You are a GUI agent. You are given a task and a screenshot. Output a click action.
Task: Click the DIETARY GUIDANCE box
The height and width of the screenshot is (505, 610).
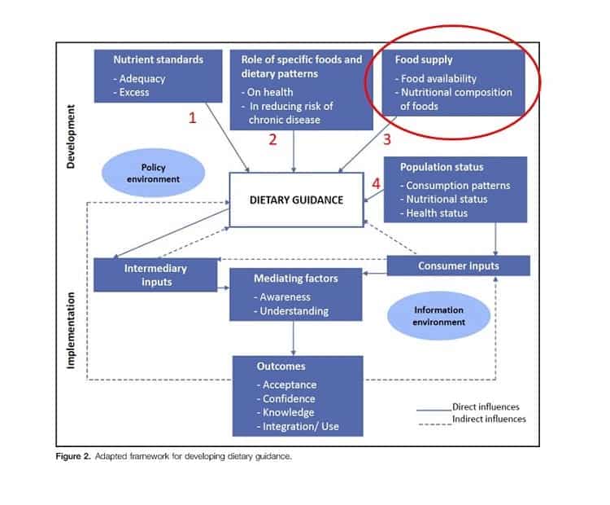tap(296, 200)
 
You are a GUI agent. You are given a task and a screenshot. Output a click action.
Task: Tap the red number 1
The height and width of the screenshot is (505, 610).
tap(192, 117)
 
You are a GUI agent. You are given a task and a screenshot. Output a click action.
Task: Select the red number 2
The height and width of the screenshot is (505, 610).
tap(272, 139)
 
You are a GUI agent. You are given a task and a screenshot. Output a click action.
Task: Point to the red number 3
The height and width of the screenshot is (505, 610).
tap(386, 139)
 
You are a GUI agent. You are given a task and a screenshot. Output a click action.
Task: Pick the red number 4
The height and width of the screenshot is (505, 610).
tap(376, 183)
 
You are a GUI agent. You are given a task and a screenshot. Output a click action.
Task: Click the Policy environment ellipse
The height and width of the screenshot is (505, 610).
tap(153, 173)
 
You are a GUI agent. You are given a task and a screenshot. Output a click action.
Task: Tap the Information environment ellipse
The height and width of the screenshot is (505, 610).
tap(439, 316)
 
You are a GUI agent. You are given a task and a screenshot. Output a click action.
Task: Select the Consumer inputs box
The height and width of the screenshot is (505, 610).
tap(458, 266)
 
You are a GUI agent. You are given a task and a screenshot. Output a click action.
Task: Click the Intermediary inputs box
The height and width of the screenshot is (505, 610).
tap(155, 275)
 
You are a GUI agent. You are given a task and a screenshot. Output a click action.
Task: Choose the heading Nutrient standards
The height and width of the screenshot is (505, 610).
tap(159, 59)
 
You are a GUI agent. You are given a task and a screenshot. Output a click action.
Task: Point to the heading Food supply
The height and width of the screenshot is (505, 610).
tap(424, 59)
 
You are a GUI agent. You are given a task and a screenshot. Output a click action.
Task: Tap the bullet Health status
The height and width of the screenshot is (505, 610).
tap(434, 213)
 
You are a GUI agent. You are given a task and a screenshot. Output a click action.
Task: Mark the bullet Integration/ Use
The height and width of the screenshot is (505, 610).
tap(298, 427)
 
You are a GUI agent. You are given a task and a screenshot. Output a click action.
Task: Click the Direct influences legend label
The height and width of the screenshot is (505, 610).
tap(486, 406)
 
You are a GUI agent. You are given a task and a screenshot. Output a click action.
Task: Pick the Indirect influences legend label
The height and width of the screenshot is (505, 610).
tap(489, 419)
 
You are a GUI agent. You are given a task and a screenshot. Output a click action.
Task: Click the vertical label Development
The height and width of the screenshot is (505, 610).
tap(71, 136)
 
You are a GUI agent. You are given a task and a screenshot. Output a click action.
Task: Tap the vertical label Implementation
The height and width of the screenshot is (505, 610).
tap(71, 331)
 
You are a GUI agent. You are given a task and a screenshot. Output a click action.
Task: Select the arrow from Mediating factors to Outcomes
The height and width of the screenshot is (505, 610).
tap(294, 338)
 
